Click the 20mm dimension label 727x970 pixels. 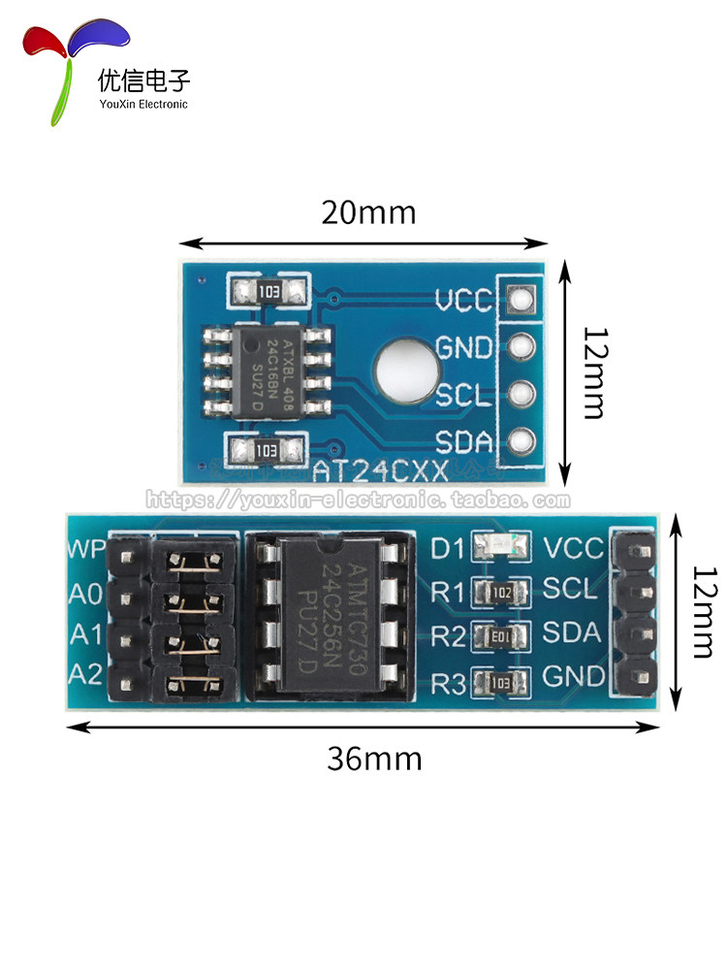pos(368,211)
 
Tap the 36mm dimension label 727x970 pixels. pos(374,759)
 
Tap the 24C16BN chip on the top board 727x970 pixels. pos(268,371)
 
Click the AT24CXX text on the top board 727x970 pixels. pos(380,471)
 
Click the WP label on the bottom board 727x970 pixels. pos(85,549)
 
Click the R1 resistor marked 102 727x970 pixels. pos(501,591)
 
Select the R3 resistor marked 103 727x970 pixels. pos(501,681)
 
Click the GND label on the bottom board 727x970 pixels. pos(574,675)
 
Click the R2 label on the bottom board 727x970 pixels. pos(449,635)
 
